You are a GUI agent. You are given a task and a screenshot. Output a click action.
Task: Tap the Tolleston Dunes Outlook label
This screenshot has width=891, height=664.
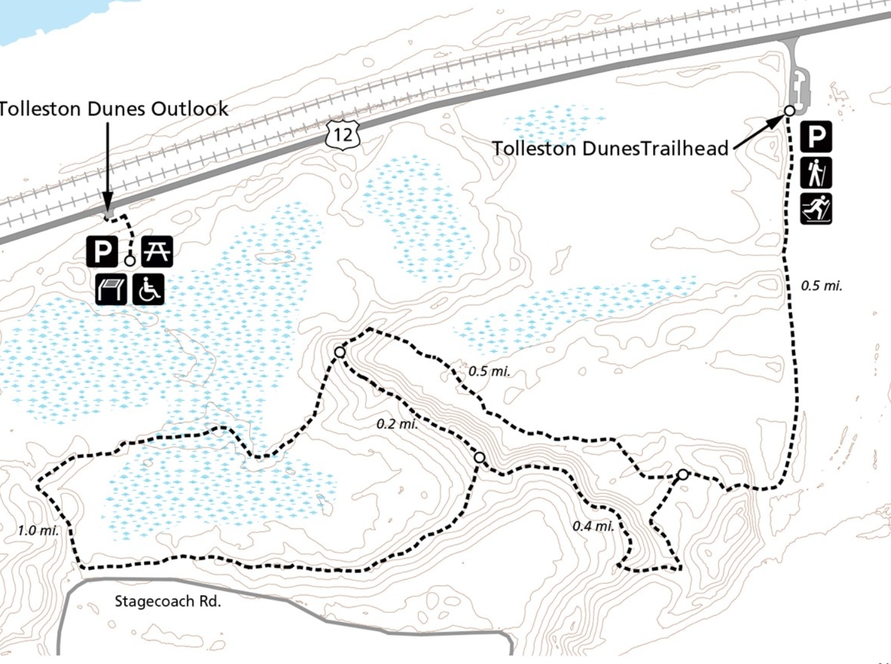click(x=113, y=109)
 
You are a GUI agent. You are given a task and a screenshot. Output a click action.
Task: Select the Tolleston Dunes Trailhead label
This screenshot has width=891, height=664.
click(x=610, y=149)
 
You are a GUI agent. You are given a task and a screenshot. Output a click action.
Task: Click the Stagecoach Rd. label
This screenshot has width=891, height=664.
click(x=168, y=602)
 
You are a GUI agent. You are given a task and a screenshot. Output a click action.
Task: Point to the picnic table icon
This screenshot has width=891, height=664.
click(x=157, y=251)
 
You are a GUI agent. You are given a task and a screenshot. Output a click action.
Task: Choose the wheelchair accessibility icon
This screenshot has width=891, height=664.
click(x=148, y=289)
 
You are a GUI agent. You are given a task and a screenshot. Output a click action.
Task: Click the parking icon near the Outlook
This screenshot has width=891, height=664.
click(x=102, y=251)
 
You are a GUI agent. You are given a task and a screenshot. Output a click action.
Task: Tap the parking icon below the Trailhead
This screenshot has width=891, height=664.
click(x=816, y=137)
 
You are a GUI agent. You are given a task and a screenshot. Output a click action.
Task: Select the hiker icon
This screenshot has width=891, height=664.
click(x=816, y=173)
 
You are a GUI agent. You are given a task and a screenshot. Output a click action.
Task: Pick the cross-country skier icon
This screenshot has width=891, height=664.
click(x=816, y=209)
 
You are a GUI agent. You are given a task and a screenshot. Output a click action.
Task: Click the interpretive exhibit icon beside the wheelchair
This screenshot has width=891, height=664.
click(x=111, y=289)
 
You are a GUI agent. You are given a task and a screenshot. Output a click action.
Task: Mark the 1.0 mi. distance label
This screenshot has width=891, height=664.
click(x=38, y=530)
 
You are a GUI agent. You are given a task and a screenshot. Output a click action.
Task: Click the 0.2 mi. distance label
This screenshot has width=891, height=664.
click(x=397, y=424)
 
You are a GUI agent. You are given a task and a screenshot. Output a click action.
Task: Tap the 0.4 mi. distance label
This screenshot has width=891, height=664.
click(x=593, y=526)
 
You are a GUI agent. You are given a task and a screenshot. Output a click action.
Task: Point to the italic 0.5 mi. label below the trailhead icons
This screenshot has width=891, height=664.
click(x=821, y=285)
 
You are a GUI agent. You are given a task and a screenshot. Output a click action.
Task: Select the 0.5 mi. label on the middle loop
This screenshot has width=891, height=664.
click(x=489, y=371)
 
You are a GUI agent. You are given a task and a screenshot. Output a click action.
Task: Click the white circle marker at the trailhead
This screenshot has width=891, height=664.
click(x=789, y=111)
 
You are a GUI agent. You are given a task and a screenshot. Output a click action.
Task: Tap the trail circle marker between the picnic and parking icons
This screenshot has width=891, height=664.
click(x=129, y=261)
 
